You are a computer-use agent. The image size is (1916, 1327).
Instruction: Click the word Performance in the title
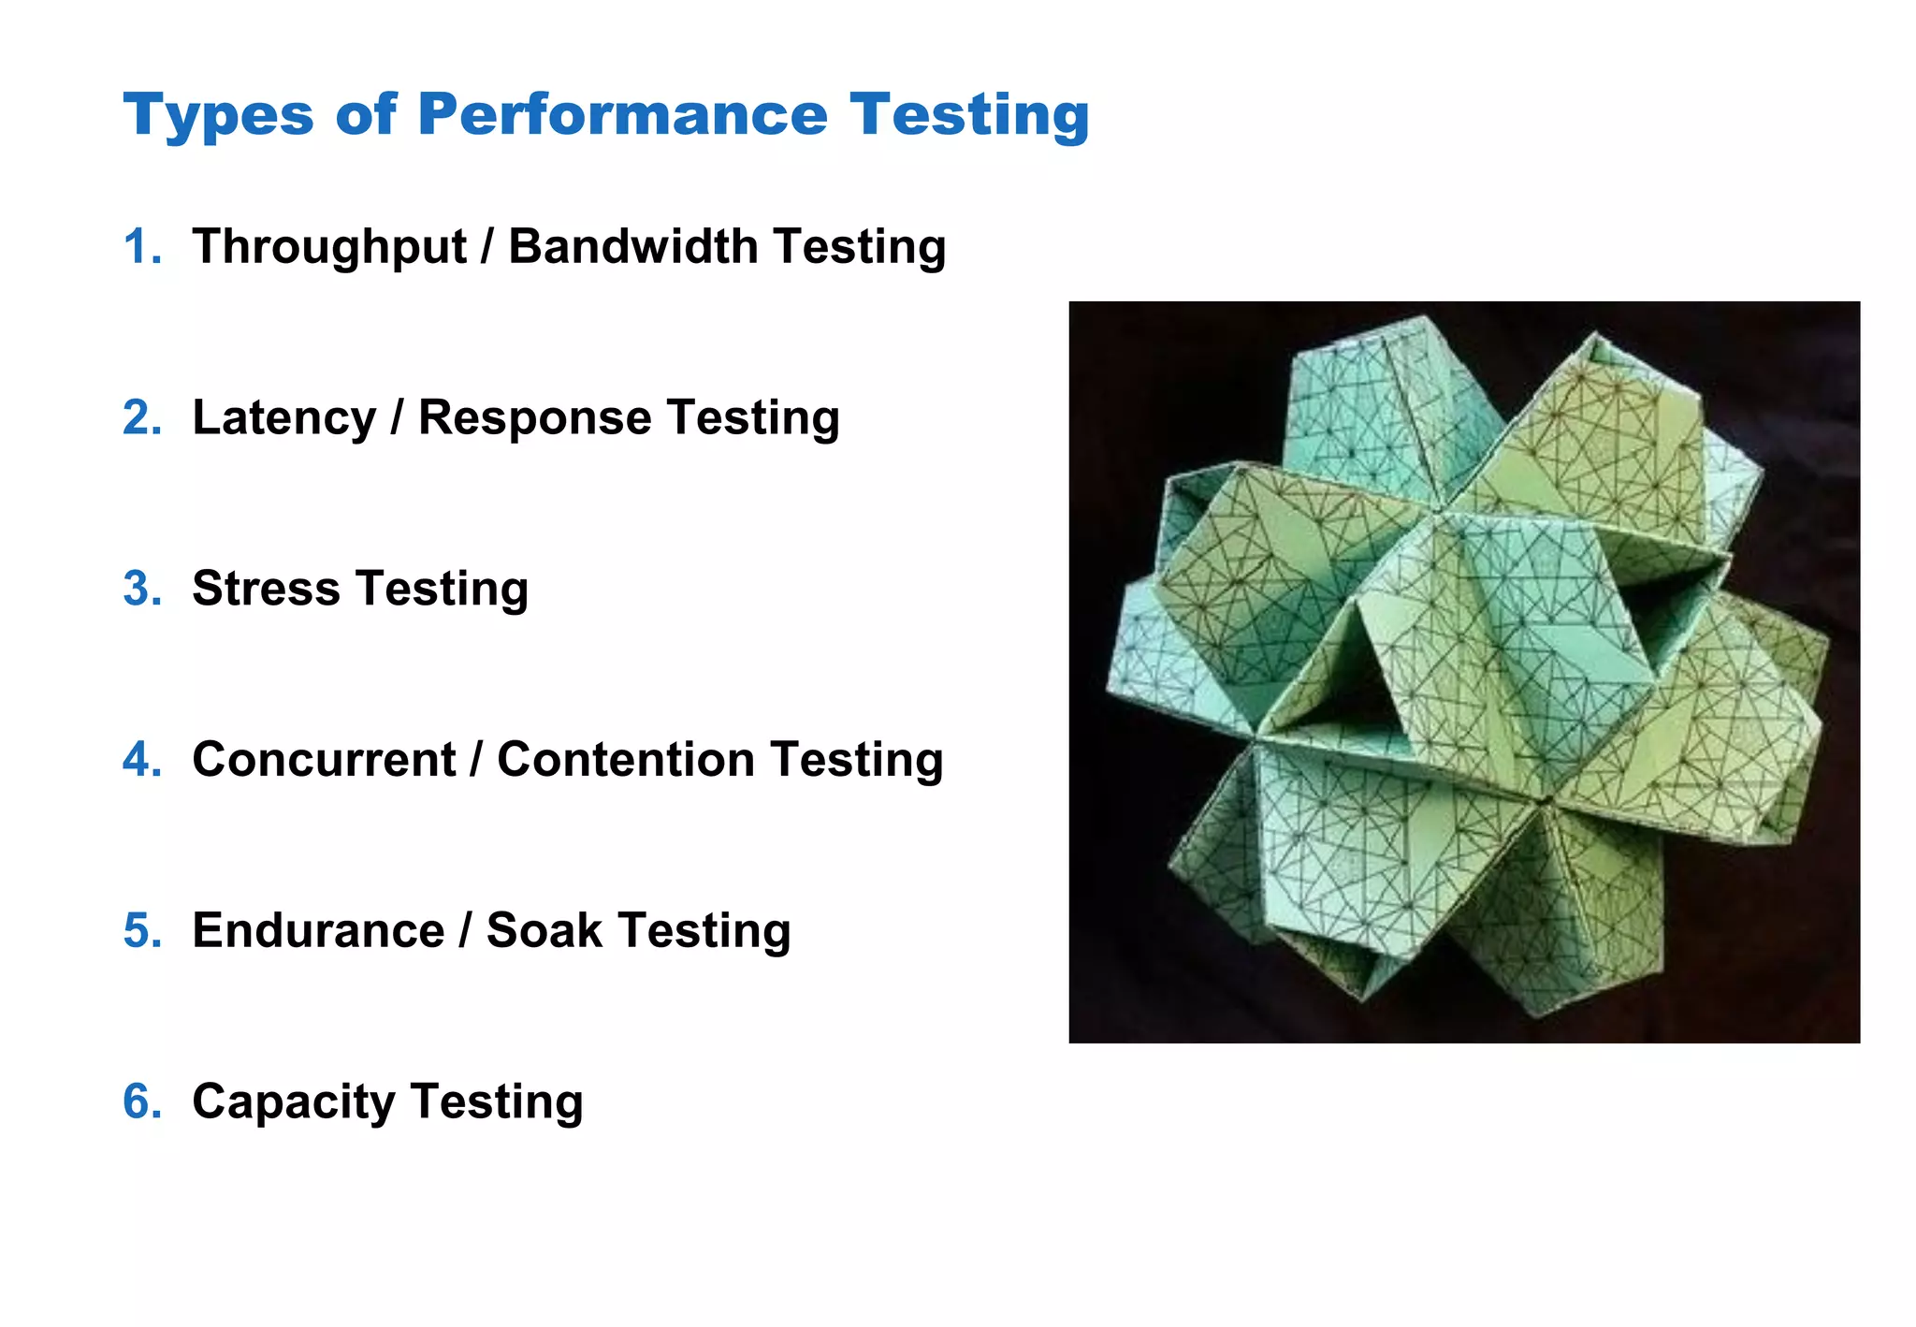point(622,114)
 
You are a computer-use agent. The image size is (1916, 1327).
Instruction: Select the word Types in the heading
point(218,116)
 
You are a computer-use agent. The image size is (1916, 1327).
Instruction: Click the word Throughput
point(328,248)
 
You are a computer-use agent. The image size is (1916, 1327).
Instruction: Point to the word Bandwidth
point(632,247)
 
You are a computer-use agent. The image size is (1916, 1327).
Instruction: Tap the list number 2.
point(142,418)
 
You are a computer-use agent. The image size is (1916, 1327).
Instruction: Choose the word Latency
point(283,418)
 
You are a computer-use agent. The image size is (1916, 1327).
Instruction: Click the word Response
point(533,418)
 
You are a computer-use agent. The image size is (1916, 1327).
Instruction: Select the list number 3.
point(142,590)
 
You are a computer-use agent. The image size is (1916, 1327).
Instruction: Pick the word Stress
point(266,590)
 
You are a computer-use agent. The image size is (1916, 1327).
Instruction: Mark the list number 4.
point(142,760)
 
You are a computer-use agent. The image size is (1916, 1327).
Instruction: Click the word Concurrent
point(324,760)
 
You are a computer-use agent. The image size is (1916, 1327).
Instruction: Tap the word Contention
point(625,760)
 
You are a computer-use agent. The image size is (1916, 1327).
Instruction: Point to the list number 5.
point(142,931)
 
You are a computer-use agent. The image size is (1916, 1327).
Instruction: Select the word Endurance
point(318,931)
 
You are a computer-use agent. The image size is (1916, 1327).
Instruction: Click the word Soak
point(544,931)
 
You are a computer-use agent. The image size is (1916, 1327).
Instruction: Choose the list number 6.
point(142,1102)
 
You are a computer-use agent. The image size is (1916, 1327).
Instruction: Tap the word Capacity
point(293,1102)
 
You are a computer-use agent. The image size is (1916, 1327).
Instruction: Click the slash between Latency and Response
point(397,418)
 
